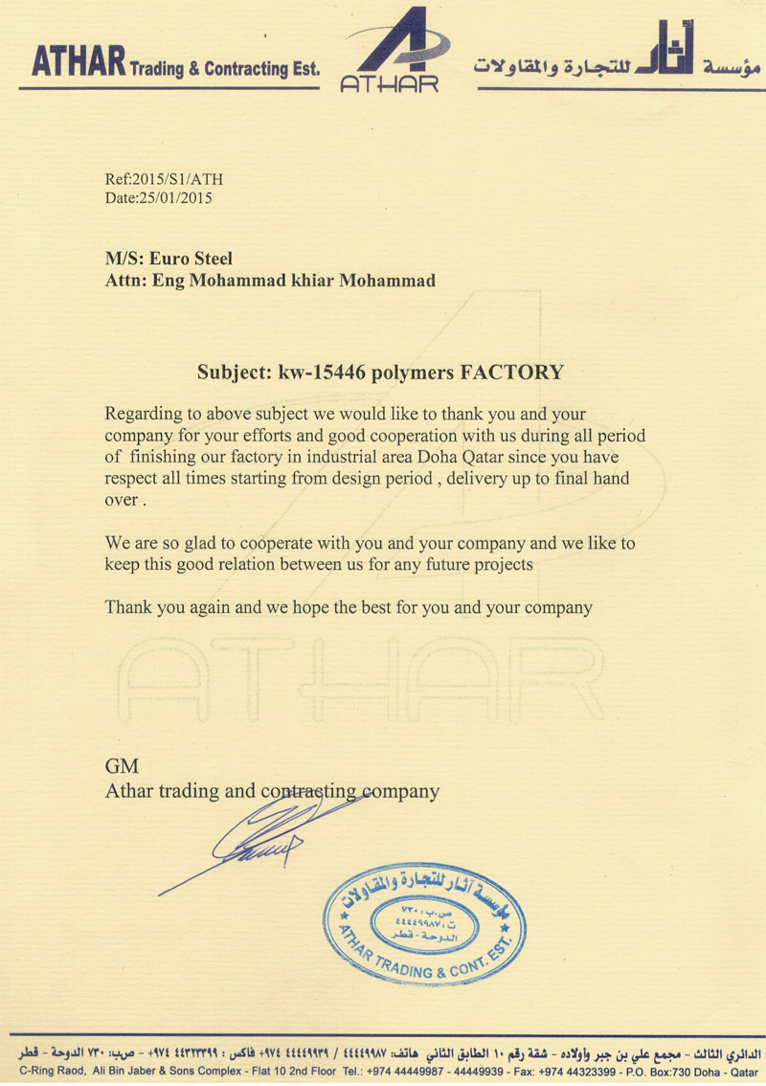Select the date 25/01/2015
[174, 198]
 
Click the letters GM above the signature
[122, 766]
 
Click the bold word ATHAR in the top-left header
[79, 63]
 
